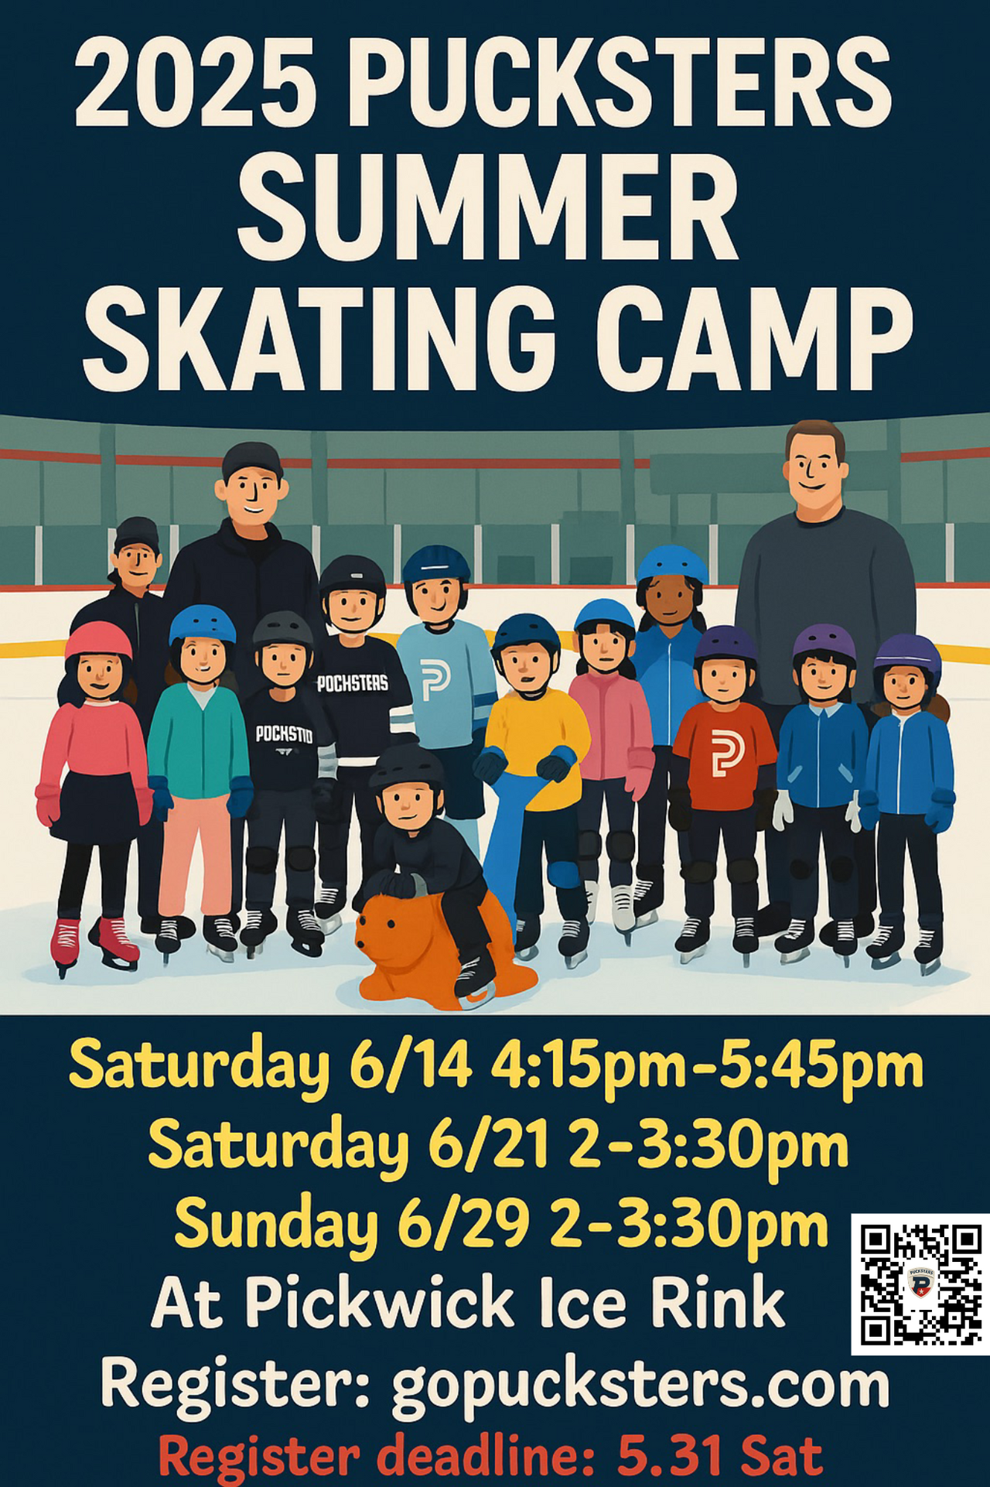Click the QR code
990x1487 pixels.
click(x=920, y=1285)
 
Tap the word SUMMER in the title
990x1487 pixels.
click(x=487, y=208)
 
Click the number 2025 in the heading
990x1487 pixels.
click(x=196, y=81)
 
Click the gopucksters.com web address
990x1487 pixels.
click(x=640, y=1386)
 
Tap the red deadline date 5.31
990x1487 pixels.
click(x=671, y=1457)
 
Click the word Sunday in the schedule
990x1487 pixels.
click(x=276, y=1227)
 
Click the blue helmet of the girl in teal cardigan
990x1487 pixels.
click(x=202, y=624)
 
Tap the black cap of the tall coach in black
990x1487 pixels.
click(x=251, y=462)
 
